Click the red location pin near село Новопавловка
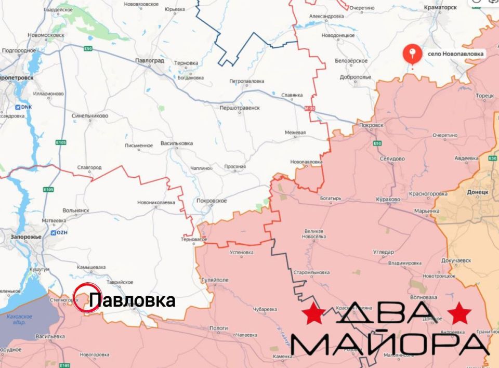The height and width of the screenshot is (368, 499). tap(413, 54)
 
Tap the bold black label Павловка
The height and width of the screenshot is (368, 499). tap(132, 300)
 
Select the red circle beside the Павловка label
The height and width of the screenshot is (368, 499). tap(86, 298)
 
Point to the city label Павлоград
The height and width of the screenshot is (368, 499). tap(150, 60)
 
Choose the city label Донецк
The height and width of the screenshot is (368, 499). tap(478, 192)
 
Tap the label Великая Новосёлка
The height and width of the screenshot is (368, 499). tap(314, 234)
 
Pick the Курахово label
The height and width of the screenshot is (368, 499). tap(387, 200)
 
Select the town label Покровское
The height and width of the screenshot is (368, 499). tap(212, 201)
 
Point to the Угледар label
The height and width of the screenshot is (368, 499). tap(384, 252)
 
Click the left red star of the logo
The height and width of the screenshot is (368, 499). tap(314, 314)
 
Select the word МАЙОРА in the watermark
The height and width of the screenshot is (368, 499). tap(390, 344)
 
